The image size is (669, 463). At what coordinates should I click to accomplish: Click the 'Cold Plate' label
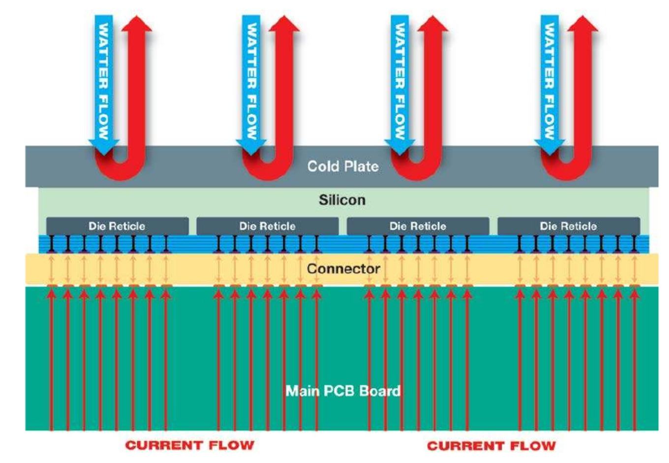[x=343, y=166]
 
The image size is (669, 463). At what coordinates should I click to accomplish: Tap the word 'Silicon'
[x=342, y=200]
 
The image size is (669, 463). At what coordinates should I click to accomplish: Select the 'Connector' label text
[x=343, y=268]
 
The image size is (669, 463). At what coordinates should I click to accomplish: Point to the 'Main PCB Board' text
[x=343, y=391]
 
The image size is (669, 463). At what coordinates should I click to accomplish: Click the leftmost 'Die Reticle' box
[x=118, y=226]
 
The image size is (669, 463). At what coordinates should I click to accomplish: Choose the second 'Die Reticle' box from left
[x=268, y=226]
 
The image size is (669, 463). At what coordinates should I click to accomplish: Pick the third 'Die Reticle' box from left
[x=418, y=226]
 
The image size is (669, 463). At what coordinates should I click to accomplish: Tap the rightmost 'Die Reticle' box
[x=569, y=226]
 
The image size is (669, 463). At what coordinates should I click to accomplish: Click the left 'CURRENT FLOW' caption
[x=190, y=445]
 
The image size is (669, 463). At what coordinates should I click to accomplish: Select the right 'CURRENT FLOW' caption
[x=491, y=446]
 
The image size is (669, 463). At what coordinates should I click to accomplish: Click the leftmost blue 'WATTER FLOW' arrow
[x=104, y=85]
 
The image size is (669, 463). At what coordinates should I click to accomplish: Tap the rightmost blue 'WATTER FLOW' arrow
[x=549, y=85]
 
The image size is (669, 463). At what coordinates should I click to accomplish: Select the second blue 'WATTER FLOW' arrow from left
[x=251, y=85]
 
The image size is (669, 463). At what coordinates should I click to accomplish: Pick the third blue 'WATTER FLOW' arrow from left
[x=399, y=85]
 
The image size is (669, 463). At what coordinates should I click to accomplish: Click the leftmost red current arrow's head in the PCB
[x=52, y=295]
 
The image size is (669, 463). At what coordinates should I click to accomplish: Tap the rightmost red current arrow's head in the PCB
[x=635, y=295]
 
